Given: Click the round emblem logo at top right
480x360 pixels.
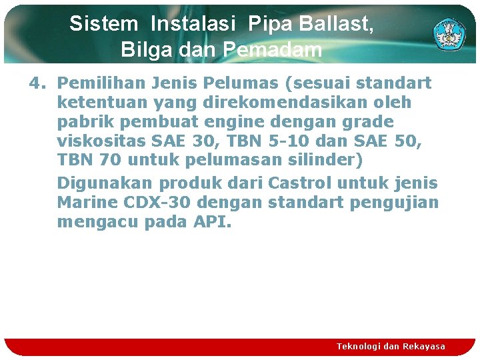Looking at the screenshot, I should point(449,33).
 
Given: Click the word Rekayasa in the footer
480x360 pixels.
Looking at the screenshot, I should point(424,346).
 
